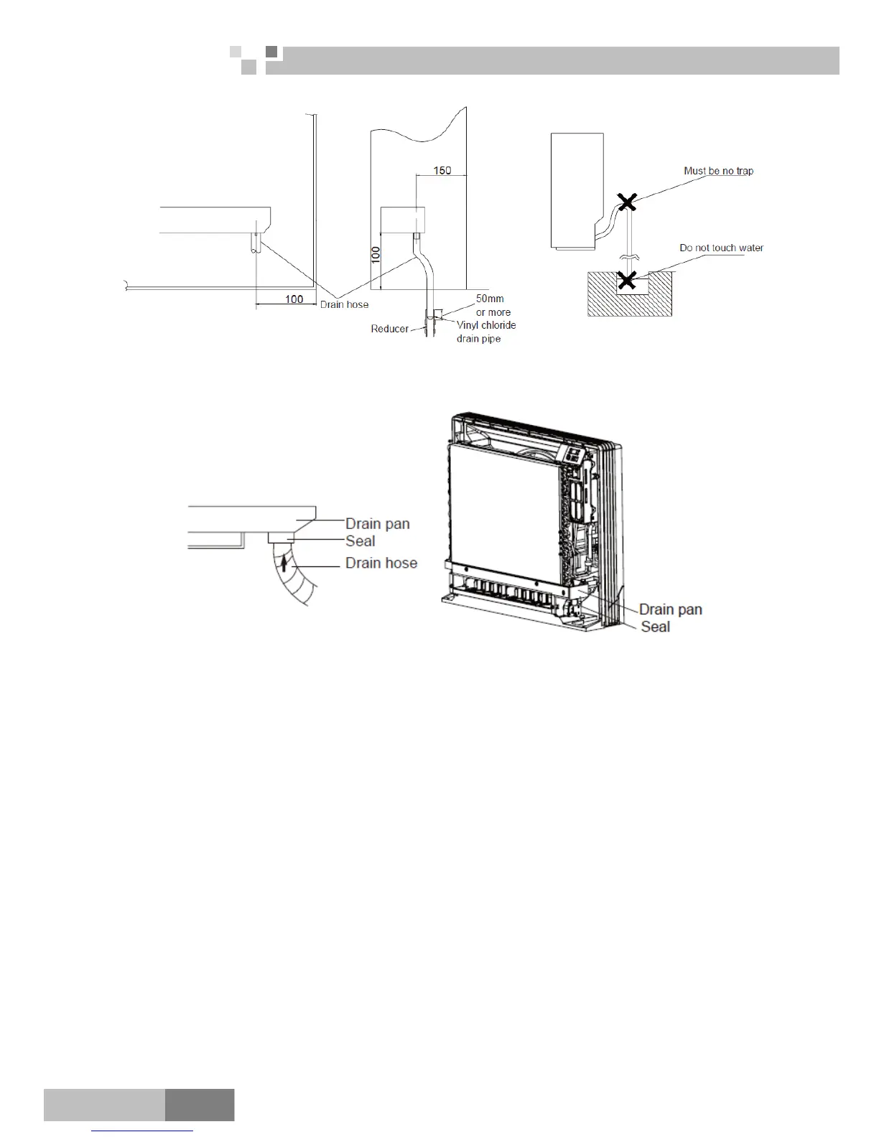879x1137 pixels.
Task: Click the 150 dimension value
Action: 442,170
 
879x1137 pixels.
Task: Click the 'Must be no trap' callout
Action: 718,171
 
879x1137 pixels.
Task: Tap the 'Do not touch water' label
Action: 721,248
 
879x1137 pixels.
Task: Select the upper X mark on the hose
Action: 628,202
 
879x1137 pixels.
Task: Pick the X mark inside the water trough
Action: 627,279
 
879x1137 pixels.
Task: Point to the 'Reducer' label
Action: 389,329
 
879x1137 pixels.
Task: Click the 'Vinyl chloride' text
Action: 486,325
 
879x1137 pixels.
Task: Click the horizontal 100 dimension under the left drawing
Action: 294,299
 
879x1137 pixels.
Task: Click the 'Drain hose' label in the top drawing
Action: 344,304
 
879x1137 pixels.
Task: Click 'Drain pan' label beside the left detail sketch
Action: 377,523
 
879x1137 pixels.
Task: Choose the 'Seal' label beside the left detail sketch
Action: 360,541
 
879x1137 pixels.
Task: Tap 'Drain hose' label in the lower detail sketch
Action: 381,563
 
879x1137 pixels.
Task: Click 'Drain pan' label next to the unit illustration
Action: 670,609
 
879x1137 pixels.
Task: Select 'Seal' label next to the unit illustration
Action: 655,627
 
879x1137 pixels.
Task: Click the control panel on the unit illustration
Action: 572,456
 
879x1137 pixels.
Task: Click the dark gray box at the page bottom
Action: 200,1104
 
